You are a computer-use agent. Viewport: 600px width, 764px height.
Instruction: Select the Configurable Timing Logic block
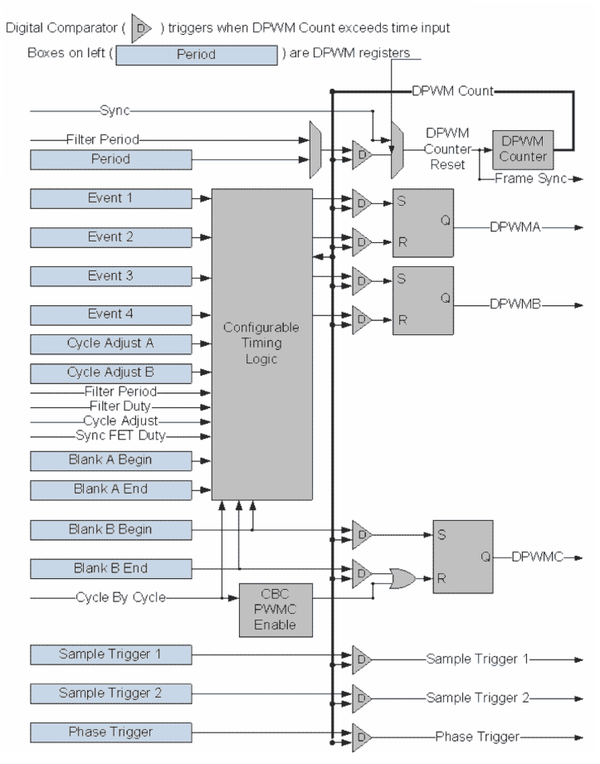click(262, 339)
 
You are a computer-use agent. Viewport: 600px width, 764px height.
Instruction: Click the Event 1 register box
click(111, 198)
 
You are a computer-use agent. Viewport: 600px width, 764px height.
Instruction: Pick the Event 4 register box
click(111, 314)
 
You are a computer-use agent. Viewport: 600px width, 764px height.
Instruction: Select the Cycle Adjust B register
click(111, 372)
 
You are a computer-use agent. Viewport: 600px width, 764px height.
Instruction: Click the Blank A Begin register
click(111, 459)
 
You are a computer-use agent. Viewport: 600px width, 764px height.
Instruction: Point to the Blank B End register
click(111, 568)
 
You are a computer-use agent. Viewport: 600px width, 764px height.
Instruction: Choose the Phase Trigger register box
click(111, 732)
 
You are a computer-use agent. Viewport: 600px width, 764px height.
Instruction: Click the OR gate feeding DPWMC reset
click(402, 577)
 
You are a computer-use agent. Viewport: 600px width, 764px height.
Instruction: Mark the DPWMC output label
click(538, 557)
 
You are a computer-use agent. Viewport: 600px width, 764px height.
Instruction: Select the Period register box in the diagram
click(111, 158)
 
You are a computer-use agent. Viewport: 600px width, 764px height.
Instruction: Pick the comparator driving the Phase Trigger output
click(362, 736)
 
